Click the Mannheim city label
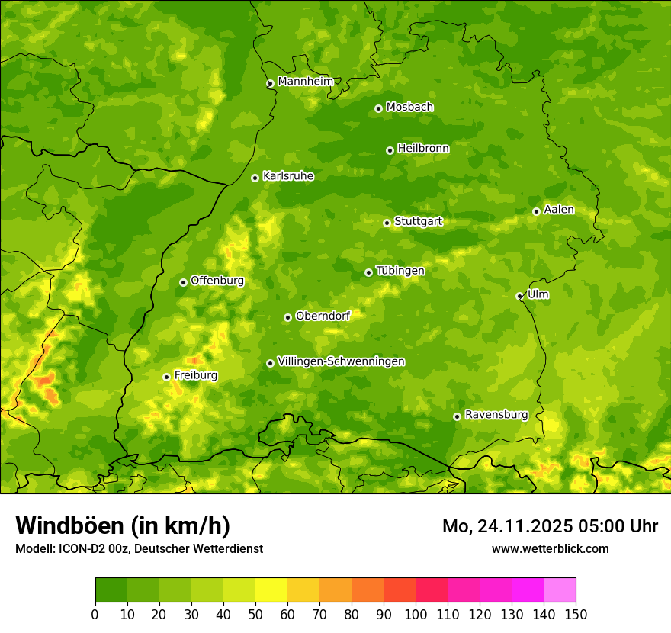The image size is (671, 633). tap(306, 82)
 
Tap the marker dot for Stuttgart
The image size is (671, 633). tap(387, 223)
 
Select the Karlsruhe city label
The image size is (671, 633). tap(288, 176)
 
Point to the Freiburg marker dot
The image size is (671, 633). tap(166, 377)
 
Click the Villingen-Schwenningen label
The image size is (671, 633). tap(341, 361)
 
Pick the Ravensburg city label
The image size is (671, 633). tap(496, 415)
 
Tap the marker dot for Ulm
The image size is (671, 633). tap(519, 296)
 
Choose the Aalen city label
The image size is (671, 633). tap(559, 210)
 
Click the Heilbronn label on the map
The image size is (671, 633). tap(423, 149)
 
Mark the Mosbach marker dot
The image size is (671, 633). tap(378, 108)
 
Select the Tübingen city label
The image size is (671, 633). tap(400, 271)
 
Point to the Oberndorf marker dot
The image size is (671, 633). tap(287, 317)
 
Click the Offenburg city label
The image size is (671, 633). tap(217, 281)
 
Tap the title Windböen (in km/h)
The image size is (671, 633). tap(123, 525)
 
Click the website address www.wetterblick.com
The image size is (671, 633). tap(551, 548)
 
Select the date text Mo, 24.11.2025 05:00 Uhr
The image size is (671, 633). tap(550, 526)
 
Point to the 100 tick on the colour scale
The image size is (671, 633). tap(416, 613)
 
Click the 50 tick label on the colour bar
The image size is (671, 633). tap(255, 613)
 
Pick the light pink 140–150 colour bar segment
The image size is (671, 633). tap(560, 590)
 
